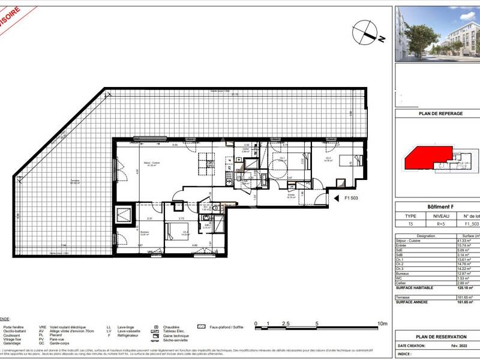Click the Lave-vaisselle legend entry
(122, 332)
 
